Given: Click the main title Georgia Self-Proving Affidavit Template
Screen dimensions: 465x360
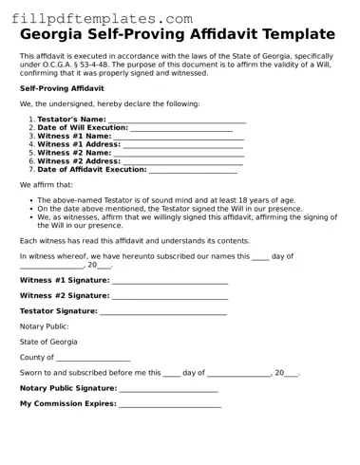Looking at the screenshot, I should pyautogui.click(x=178, y=35).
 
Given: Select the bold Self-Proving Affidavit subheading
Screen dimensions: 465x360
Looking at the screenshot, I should pyautogui.click(x=62, y=88).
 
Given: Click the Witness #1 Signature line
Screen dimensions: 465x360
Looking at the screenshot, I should pyautogui.click(x=169, y=283).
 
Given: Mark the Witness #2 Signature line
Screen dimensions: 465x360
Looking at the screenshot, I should pyautogui.click(x=169, y=297).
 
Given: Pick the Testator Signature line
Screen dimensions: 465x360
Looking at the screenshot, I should pyautogui.click(x=162, y=312).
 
